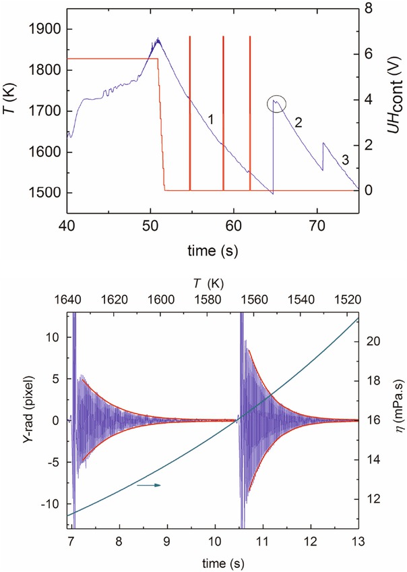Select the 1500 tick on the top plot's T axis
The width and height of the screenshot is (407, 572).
[42, 193]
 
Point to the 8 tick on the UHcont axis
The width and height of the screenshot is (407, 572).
[369, 9]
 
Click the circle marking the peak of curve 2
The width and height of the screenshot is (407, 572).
[276, 103]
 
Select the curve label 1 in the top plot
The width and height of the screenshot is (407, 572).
[211, 119]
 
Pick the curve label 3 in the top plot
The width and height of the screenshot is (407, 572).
[344, 160]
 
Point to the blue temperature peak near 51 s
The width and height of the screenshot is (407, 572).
[158, 39]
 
